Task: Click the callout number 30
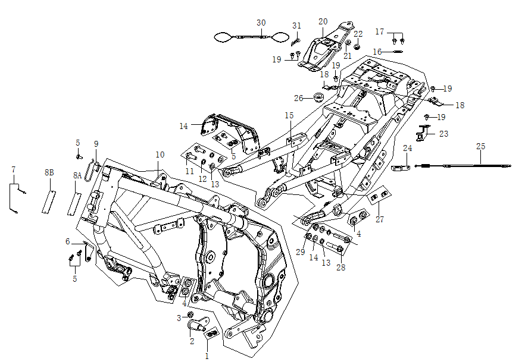pyautogui.click(x=261, y=23)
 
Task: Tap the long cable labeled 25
pyautogui.click(x=464, y=165)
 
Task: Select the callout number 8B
pyautogui.click(x=49, y=172)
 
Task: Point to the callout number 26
pyautogui.click(x=299, y=98)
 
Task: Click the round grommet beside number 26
pyautogui.click(x=318, y=97)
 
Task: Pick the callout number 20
pyautogui.click(x=323, y=21)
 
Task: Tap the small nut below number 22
pyautogui.click(x=357, y=46)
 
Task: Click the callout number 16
pyautogui.click(x=377, y=52)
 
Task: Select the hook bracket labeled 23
pyautogui.click(x=424, y=134)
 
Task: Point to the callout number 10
pyautogui.click(x=160, y=155)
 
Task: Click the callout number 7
pyautogui.click(x=13, y=170)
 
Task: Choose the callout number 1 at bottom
pyautogui.click(x=207, y=356)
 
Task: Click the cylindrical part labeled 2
pyautogui.click(x=196, y=325)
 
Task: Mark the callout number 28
pyautogui.click(x=340, y=267)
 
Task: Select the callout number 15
pyautogui.click(x=289, y=115)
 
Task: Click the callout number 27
pyautogui.click(x=380, y=220)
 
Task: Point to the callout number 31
pyautogui.click(x=297, y=26)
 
